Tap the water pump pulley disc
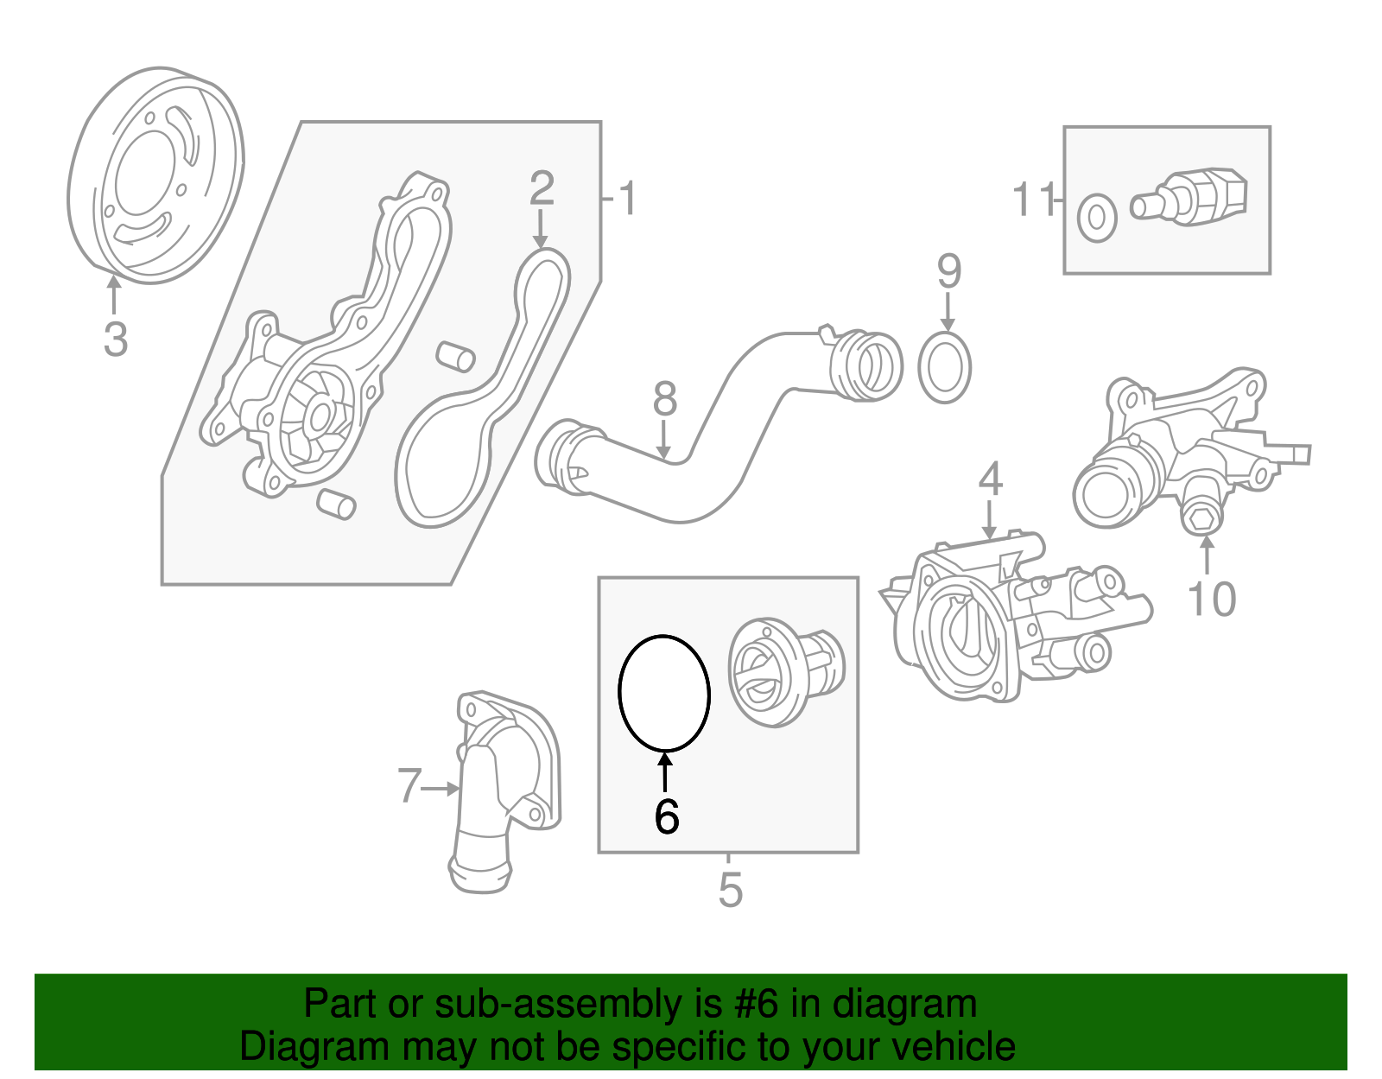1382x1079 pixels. click(155, 175)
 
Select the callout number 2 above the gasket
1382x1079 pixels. click(542, 187)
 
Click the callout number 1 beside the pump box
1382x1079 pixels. click(628, 199)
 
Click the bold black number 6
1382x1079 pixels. click(666, 816)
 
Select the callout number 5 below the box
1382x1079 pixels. click(730, 891)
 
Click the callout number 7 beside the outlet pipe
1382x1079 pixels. click(409, 786)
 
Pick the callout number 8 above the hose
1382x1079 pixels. click(664, 399)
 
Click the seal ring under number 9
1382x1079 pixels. click(945, 369)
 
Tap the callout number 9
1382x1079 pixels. click(948, 272)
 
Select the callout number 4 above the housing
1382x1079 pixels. click(990, 479)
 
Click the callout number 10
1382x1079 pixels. click(1211, 599)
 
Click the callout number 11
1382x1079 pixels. click(1033, 200)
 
